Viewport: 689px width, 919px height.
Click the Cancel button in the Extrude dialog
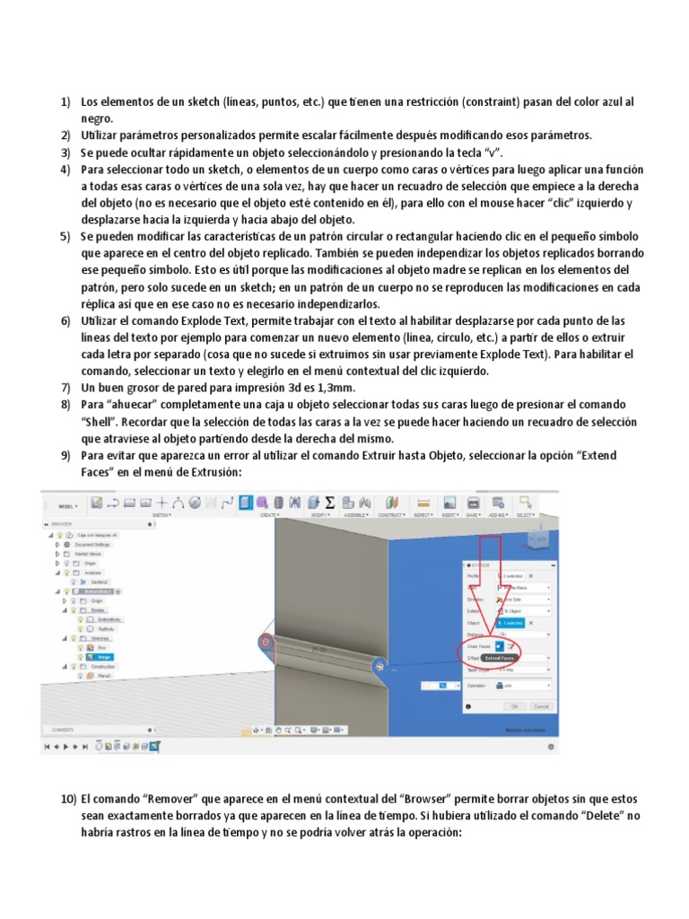click(540, 706)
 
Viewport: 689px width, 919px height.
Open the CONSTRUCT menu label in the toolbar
click(392, 516)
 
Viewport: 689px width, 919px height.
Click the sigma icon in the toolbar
click(329, 503)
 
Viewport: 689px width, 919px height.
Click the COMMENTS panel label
click(63, 730)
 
